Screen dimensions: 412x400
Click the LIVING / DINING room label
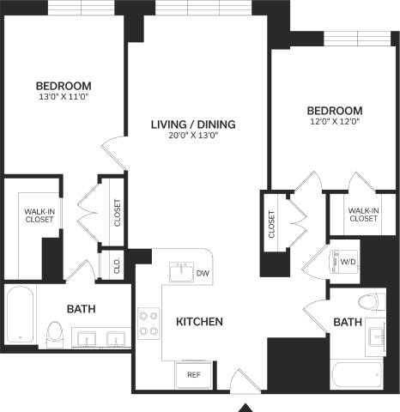pyautogui.click(x=193, y=124)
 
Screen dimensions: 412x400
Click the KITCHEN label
pyautogui.click(x=199, y=322)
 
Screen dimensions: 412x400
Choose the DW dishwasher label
pyautogui.click(x=203, y=273)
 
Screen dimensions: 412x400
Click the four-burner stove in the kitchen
pyautogui.click(x=148, y=322)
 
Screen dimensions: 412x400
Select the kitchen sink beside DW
pyautogui.click(x=181, y=273)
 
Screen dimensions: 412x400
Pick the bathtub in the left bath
pyautogui.click(x=19, y=315)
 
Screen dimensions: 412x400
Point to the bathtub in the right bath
pyautogui.click(x=355, y=375)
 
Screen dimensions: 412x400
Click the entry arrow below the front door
pyautogui.click(x=246, y=406)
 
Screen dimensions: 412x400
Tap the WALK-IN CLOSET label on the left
pyautogui.click(x=39, y=215)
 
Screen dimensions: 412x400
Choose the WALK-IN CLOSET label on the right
pyautogui.click(x=363, y=214)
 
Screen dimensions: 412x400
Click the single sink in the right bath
pyautogui.click(x=377, y=336)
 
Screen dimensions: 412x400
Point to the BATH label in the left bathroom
pyautogui.click(x=82, y=309)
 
